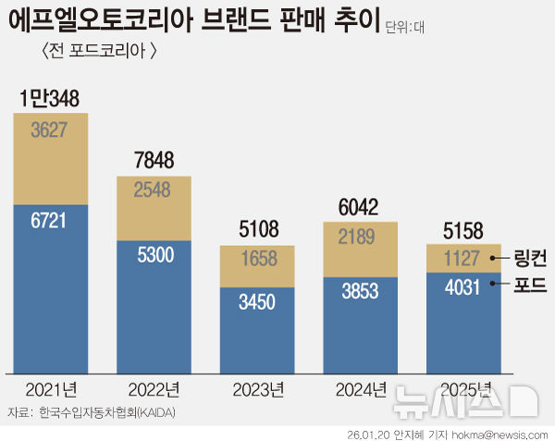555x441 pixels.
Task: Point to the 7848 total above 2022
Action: point(154,160)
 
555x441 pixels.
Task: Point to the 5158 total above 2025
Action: point(462,229)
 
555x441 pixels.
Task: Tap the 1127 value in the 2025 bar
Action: point(462,260)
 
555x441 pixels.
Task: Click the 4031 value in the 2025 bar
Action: point(462,288)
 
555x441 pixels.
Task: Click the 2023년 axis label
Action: point(257,389)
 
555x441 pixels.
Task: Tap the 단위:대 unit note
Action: point(405,28)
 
